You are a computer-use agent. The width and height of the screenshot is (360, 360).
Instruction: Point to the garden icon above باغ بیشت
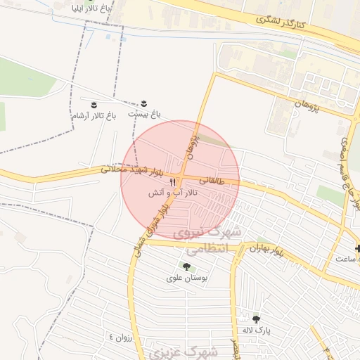coord(145,103)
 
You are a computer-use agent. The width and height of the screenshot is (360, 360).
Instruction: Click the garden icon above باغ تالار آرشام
coord(93,103)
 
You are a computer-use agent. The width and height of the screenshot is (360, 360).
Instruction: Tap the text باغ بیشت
coord(145,113)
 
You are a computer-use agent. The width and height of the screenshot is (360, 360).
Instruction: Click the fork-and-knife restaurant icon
coord(174,181)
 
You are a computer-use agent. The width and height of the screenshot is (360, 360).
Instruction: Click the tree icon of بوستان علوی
coord(186,266)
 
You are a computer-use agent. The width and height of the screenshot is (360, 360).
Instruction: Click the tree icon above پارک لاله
coord(255,319)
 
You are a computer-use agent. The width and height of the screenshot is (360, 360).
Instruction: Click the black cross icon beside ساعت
coord(359,249)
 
